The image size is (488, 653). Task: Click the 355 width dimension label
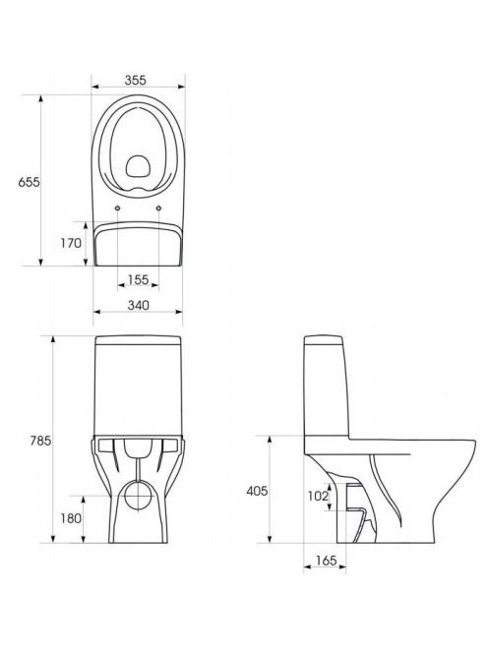[x=136, y=80]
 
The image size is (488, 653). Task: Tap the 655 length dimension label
[x=29, y=182]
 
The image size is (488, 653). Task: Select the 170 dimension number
[x=71, y=243]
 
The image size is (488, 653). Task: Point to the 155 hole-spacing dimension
[x=138, y=279]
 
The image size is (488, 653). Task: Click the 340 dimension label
[x=138, y=305]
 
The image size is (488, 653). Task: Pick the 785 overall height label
[x=40, y=441]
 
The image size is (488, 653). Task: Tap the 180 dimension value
[x=71, y=518]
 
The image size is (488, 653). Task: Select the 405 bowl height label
[x=257, y=491]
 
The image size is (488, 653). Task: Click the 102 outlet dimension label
[x=318, y=496]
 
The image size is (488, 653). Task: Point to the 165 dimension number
[x=326, y=561]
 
